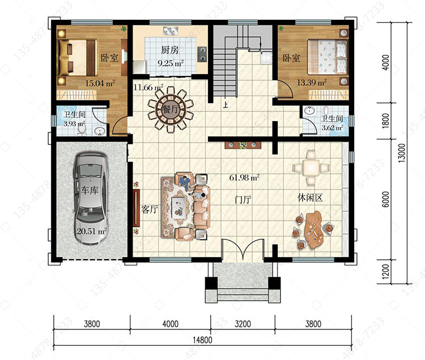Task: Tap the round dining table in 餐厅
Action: [x=171, y=110]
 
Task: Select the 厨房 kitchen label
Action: [x=170, y=50]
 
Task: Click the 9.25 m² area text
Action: [x=171, y=63]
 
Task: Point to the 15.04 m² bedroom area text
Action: [x=100, y=83]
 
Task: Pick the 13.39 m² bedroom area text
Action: [x=312, y=82]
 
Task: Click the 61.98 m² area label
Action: [x=244, y=178]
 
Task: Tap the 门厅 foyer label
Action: [x=243, y=200]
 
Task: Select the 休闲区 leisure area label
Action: [x=310, y=198]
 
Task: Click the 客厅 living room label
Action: [x=150, y=209]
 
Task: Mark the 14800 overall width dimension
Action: [x=202, y=340]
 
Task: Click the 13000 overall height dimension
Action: [x=402, y=153]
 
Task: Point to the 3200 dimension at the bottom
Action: [x=243, y=324]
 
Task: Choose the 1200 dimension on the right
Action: [x=385, y=272]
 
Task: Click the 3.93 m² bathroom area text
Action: [x=74, y=124]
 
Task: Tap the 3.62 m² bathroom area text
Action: [x=332, y=127]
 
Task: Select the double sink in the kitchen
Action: [x=171, y=31]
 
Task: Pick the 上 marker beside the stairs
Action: [x=225, y=105]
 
